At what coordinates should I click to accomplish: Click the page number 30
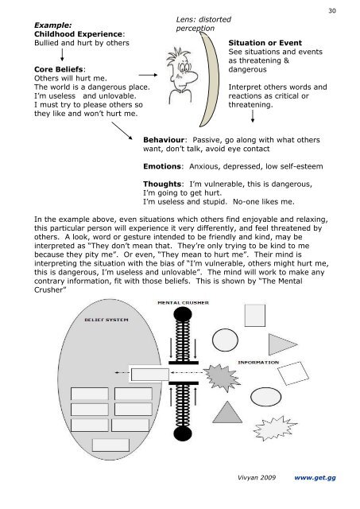point(332,10)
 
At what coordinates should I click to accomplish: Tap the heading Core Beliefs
point(58,69)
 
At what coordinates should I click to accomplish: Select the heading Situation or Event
point(265,43)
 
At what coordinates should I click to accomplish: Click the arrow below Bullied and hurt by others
point(62,55)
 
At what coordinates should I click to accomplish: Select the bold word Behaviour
point(164,140)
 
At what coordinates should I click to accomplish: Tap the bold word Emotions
point(162,166)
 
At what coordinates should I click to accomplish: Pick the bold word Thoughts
point(162,184)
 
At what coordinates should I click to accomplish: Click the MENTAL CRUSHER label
point(183,303)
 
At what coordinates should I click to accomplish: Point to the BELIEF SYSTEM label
point(106,320)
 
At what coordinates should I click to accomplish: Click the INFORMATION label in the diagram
point(258,363)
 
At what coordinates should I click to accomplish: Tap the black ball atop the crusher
point(183,314)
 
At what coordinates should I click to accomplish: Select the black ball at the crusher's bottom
point(183,433)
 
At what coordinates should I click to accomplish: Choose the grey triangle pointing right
point(280,344)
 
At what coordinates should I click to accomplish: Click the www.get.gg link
point(315,477)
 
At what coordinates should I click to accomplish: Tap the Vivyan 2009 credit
point(257,477)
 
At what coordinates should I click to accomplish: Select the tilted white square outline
point(293,374)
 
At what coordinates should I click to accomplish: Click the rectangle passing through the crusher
point(150,375)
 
